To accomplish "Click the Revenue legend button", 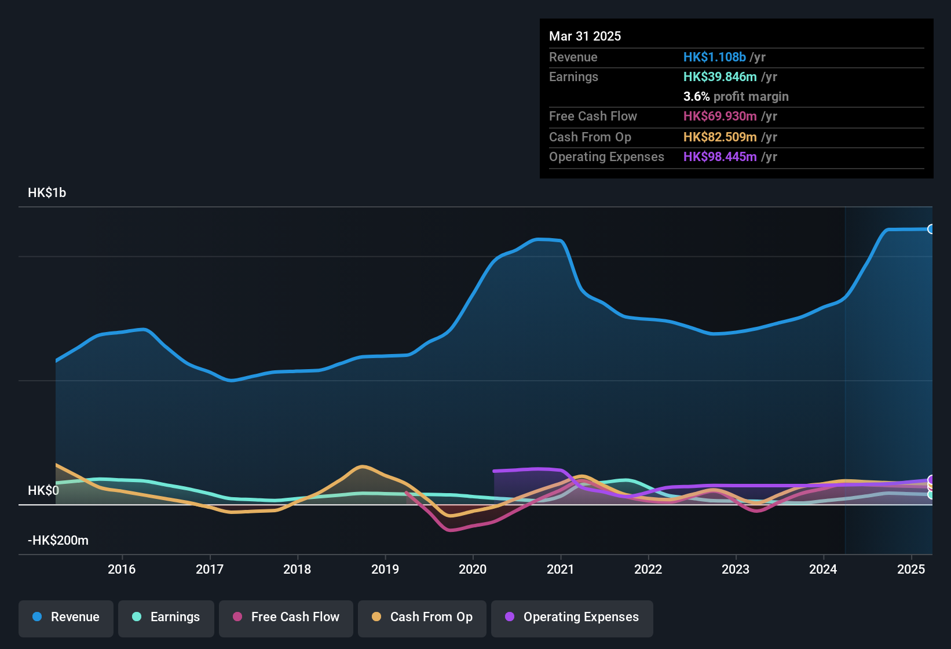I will coord(66,617).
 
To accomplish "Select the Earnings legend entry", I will coord(166,617).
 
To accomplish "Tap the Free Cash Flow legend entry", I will coord(286,617).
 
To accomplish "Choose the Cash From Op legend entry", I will coord(422,617).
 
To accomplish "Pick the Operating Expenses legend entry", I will coord(572,617).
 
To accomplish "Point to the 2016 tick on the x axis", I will coord(122,569).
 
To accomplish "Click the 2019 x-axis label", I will coord(385,569).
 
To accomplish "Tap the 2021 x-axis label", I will coord(561,569).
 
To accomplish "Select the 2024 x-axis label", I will coord(823,569).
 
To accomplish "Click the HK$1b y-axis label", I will coord(47,193).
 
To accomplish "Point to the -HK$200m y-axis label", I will coord(58,541).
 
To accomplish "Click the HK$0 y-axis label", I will coord(43,491).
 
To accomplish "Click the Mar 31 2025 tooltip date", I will coord(585,36).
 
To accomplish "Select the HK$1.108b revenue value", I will coord(714,57).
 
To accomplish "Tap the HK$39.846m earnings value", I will coord(720,76).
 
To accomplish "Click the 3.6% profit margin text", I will coord(736,96).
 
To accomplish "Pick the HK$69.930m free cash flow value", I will coord(720,116).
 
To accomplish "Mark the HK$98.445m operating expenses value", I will coord(720,156).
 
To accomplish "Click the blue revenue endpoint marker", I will coord(931,229).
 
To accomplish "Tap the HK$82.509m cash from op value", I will coord(720,137).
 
